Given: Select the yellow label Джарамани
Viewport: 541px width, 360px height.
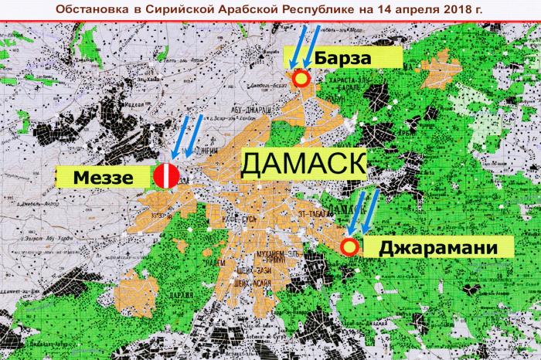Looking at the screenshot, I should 437,249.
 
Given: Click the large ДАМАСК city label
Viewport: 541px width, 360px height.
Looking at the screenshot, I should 303,164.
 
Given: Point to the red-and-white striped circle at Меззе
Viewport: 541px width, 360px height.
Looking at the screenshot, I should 166,175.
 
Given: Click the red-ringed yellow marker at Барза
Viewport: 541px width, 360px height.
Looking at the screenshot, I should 301,77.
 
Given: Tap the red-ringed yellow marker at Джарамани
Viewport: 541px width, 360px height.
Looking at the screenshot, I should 349,247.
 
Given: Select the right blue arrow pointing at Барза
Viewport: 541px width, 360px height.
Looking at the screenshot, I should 311,46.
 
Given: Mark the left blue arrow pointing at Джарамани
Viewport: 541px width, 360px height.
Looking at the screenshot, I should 357,212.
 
